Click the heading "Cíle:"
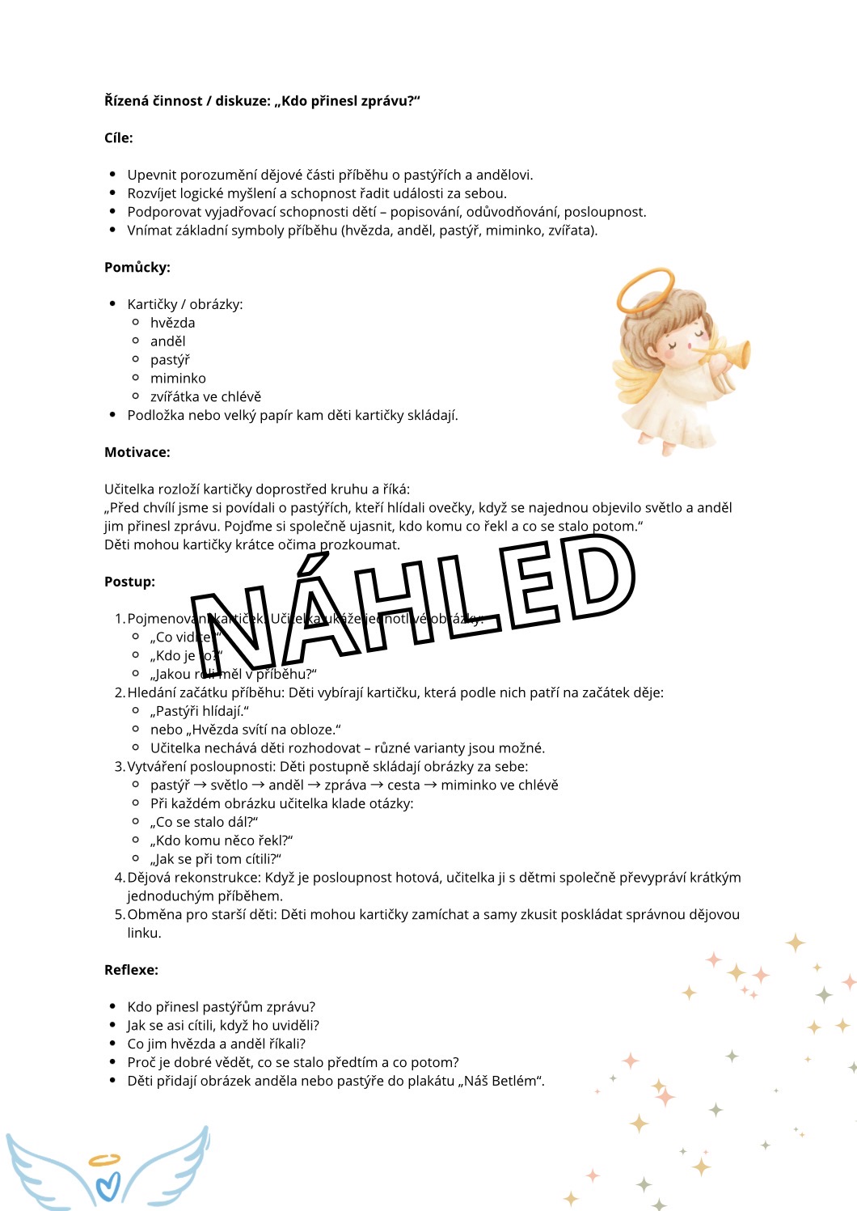coord(119,138)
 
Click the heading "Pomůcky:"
coord(137,267)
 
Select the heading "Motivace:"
coord(137,452)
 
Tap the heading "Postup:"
coord(129,582)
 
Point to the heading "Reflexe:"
coord(131,970)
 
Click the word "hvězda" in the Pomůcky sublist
coord(172,323)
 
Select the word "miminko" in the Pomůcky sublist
coord(178,379)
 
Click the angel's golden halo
coord(644,291)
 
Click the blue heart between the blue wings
coord(107,1186)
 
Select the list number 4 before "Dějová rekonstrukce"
coord(120,878)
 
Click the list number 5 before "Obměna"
coord(120,915)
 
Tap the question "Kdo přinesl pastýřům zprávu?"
coord(221,1007)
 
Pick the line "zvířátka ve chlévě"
coord(205,397)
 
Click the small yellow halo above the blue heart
coord(104,1160)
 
